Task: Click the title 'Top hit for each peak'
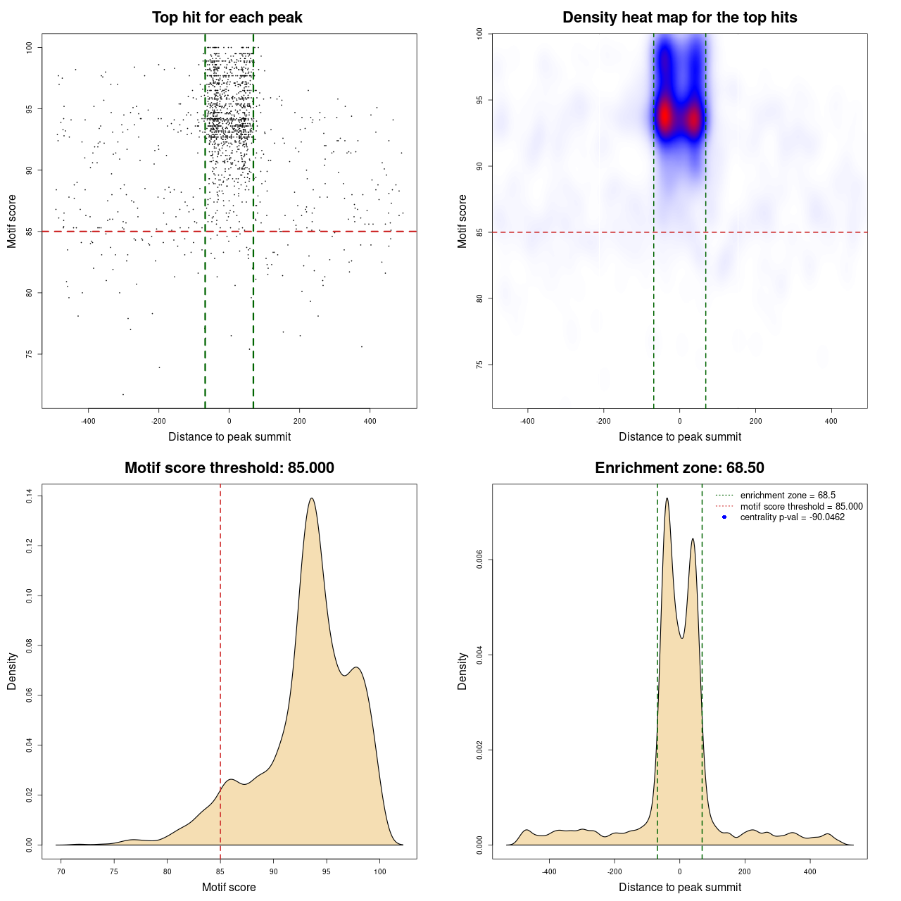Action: pos(227,18)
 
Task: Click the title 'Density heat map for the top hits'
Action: pos(679,18)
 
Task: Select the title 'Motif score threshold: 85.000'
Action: pos(229,468)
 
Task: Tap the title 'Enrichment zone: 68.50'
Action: pos(679,468)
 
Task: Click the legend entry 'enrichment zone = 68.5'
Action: pos(787,496)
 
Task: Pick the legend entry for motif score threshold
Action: pos(801,507)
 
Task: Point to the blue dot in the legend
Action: pos(724,517)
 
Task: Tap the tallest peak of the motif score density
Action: pos(311,498)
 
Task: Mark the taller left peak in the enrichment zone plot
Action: pos(667,498)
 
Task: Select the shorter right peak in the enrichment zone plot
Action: pos(693,539)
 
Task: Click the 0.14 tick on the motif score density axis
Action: pos(29,496)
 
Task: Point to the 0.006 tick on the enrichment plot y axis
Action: pos(480,560)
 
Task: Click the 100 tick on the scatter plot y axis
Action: pos(29,47)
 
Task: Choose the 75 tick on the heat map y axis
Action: pos(480,365)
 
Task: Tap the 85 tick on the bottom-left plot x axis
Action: pos(220,871)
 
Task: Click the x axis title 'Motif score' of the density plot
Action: pos(229,888)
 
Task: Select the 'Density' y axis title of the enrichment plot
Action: pos(462,671)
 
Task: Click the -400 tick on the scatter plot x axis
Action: pos(88,421)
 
